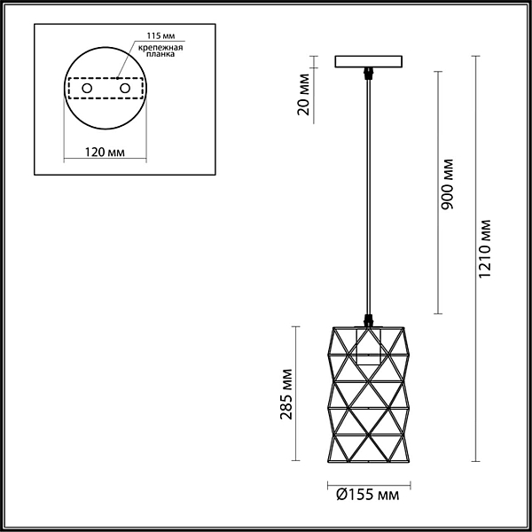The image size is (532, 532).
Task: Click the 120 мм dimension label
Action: pyautogui.click(x=105, y=153)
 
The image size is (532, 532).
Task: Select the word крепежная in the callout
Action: pyautogui.click(x=160, y=48)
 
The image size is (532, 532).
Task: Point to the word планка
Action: pyautogui.click(x=160, y=54)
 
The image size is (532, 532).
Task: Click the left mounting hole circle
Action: pyautogui.click(x=87, y=89)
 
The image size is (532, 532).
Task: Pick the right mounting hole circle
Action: pyautogui.click(x=125, y=89)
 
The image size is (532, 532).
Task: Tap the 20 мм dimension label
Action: pyautogui.click(x=303, y=94)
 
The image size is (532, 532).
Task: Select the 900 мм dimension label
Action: pyautogui.click(x=448, y=184)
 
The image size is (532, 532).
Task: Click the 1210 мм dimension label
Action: pyautogui.click(x=485, y=248)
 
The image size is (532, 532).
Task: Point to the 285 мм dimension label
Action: pyautogui.click(x=286, y=394)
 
